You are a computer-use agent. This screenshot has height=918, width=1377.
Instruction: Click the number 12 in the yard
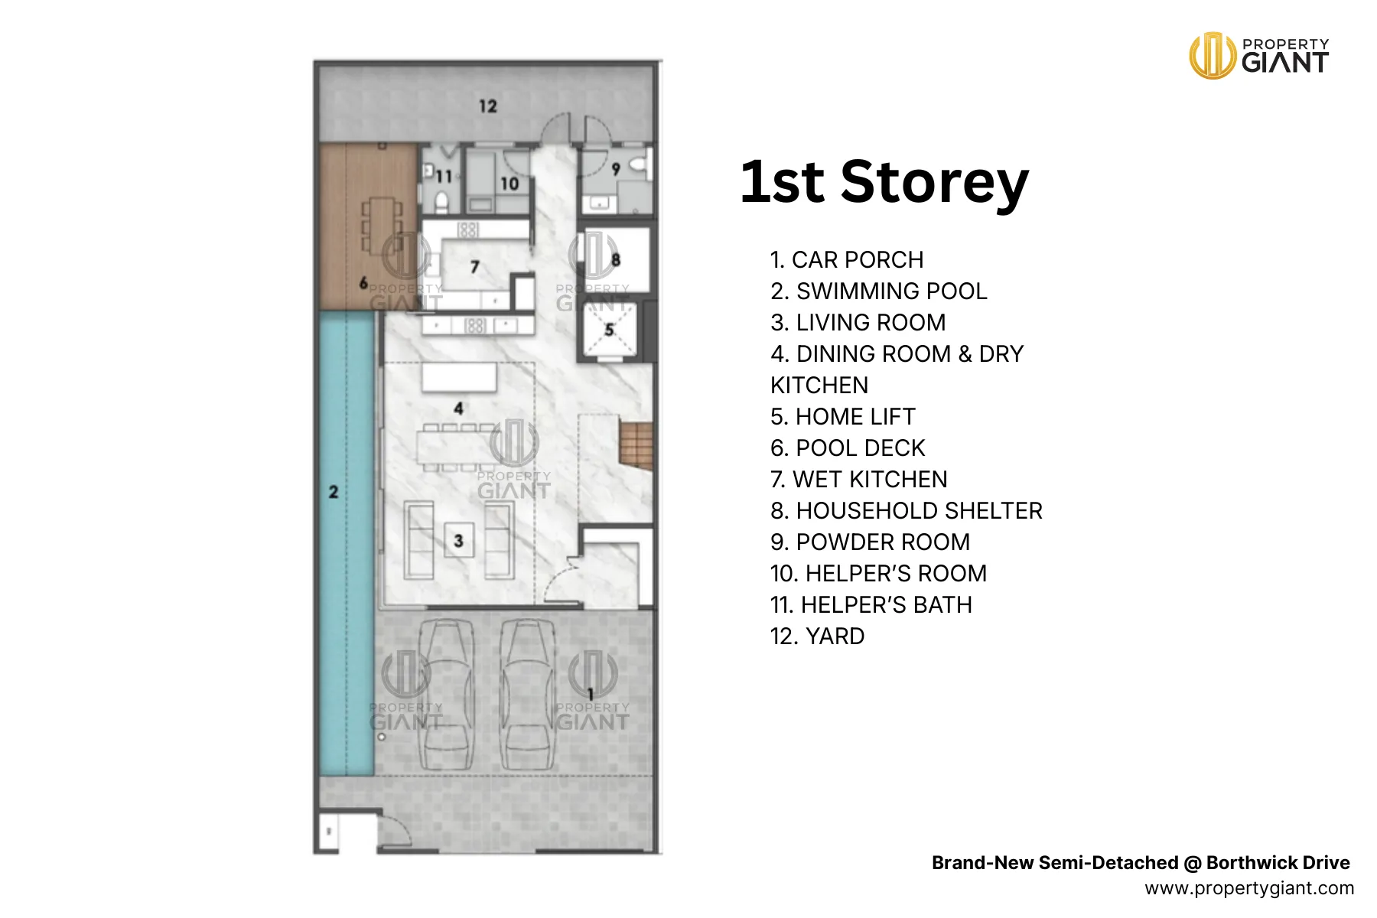488,106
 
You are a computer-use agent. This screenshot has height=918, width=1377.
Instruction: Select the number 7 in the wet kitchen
475,267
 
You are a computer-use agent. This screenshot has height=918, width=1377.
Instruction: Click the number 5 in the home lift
609,330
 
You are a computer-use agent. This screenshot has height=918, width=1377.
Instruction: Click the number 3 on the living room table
458,541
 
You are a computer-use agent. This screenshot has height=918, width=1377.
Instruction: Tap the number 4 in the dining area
458,409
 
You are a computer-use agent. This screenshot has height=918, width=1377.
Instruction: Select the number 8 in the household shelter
616,260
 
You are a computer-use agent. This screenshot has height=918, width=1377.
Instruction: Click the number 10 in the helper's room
509,184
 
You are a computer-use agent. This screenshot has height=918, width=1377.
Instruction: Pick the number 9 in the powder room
616,170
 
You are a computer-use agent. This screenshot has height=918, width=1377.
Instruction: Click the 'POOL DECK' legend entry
848,448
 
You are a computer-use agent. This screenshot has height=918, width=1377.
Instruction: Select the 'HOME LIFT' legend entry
842,416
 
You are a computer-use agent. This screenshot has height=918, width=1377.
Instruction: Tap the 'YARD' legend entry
817,636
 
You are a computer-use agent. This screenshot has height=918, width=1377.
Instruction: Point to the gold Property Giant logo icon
1212,55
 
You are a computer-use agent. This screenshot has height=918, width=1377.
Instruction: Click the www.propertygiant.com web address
1249,888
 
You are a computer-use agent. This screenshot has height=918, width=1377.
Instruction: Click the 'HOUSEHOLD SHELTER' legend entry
907,510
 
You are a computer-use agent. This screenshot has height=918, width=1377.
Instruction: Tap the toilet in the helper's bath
441,201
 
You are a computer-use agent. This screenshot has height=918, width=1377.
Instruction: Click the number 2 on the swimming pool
334,492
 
